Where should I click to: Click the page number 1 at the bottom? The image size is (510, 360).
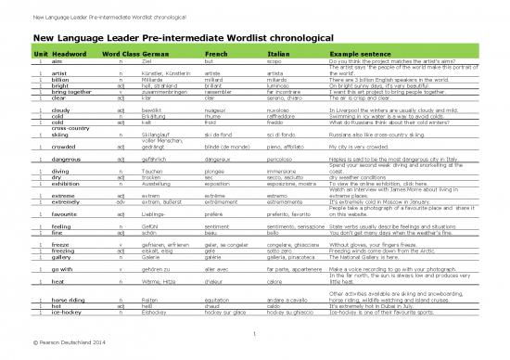pyautogui.click(x=253, y=334)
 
